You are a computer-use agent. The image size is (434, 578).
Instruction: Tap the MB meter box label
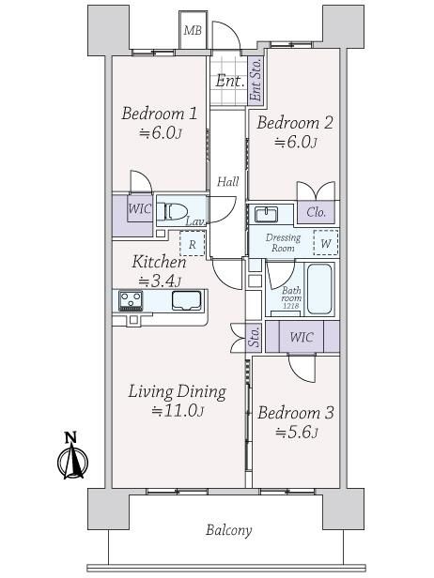(193, 31)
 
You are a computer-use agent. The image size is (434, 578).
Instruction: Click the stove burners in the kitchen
(131, 301)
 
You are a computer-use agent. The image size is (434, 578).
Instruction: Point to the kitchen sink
(187, 301)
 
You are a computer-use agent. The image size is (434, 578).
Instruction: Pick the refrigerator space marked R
(192, 244)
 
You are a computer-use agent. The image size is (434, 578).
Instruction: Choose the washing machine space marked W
(325, 242)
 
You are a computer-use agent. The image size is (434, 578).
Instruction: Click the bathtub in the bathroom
(319, 289)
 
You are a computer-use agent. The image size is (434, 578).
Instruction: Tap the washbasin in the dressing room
(266, 215)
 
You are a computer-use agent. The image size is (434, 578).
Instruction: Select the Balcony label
(229, 530)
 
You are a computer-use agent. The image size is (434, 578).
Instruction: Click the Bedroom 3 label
(296, 413)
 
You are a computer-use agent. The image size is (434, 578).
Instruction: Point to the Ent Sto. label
(255, 80)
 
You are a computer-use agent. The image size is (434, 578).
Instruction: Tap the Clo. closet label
(317, 212)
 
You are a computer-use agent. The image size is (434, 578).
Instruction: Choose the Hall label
(227, 181)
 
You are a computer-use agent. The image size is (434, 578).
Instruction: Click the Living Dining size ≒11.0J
(178, 410)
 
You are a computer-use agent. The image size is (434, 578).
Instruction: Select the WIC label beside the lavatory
(139, 209)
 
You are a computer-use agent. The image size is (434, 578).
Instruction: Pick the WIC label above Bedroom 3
(302, 337)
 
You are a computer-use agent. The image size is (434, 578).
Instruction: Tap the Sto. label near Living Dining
(254, 337)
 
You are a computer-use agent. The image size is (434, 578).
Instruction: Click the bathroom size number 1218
(291, 306)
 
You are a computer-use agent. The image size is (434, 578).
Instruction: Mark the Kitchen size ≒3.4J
(160, 281)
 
